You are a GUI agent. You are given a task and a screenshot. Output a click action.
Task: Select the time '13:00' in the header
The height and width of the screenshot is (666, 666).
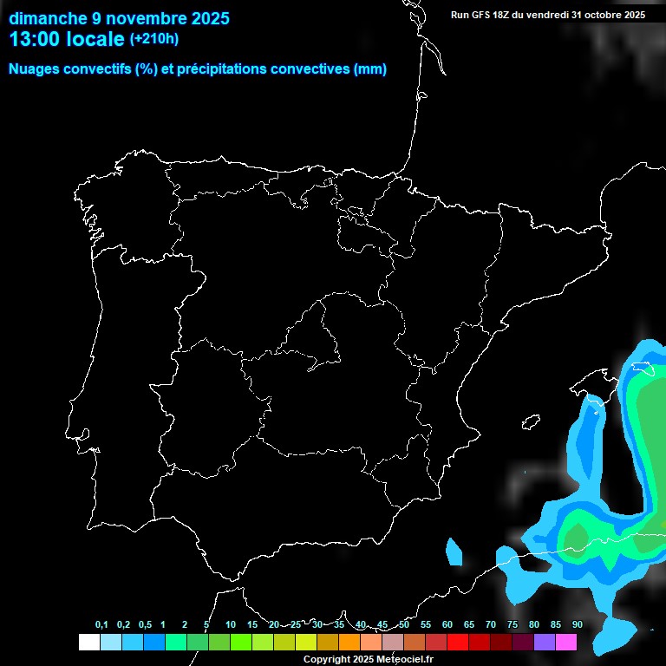point(32,39)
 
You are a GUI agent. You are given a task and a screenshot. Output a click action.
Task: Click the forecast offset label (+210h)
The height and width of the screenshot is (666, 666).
point(154,39)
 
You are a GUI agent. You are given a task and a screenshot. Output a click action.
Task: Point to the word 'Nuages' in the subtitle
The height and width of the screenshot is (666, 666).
point(33,69)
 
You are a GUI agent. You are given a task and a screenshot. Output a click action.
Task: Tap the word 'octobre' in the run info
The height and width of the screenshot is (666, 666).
point(602,15)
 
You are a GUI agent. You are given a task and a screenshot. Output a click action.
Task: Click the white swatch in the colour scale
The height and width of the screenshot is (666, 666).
point(88,643)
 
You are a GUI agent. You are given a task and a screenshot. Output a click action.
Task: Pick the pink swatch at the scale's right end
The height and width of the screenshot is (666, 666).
point(566,643)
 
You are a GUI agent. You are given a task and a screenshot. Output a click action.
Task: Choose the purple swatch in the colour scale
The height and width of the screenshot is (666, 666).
point(545,643)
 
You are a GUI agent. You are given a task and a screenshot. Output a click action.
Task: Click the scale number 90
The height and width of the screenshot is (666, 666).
point(577,625)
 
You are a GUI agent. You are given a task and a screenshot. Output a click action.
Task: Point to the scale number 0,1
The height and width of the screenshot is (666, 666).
point(101,625)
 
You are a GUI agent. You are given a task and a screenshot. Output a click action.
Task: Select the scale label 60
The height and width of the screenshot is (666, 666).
point(447,625)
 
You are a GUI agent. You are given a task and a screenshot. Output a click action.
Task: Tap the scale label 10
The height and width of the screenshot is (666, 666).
point(231,625)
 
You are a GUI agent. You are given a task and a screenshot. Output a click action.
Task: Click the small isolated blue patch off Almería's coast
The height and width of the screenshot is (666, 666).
point(453,552)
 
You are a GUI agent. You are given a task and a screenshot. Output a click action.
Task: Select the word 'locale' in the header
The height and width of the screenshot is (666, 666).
point(95,39)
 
